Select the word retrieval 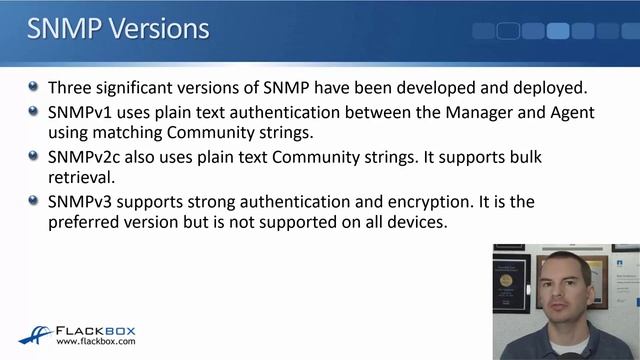[x=81, y=178]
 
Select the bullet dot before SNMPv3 [x=34, y=202]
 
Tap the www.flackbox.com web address [x=96, y=342]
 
